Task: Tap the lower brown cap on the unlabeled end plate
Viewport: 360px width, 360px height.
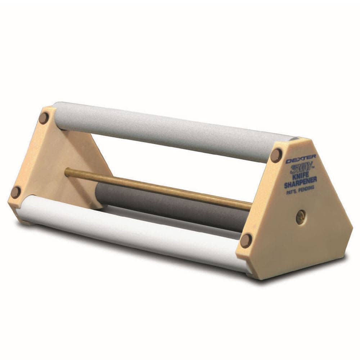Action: tap(16, 192)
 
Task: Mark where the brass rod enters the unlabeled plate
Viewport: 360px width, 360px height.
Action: tap(66, 172)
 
